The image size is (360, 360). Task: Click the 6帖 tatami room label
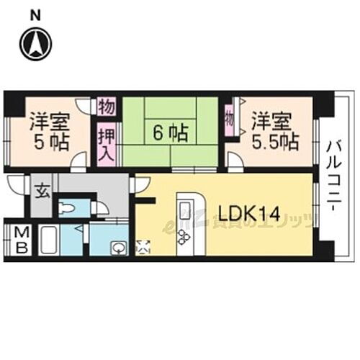(x=169, y=132)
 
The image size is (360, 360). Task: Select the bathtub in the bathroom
(x=49, y=240)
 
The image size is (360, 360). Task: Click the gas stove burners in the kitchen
(x=184, y=236)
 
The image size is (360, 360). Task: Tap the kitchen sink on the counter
(x=184, y=211)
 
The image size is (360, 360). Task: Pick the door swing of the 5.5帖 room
(x=234, y=160)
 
